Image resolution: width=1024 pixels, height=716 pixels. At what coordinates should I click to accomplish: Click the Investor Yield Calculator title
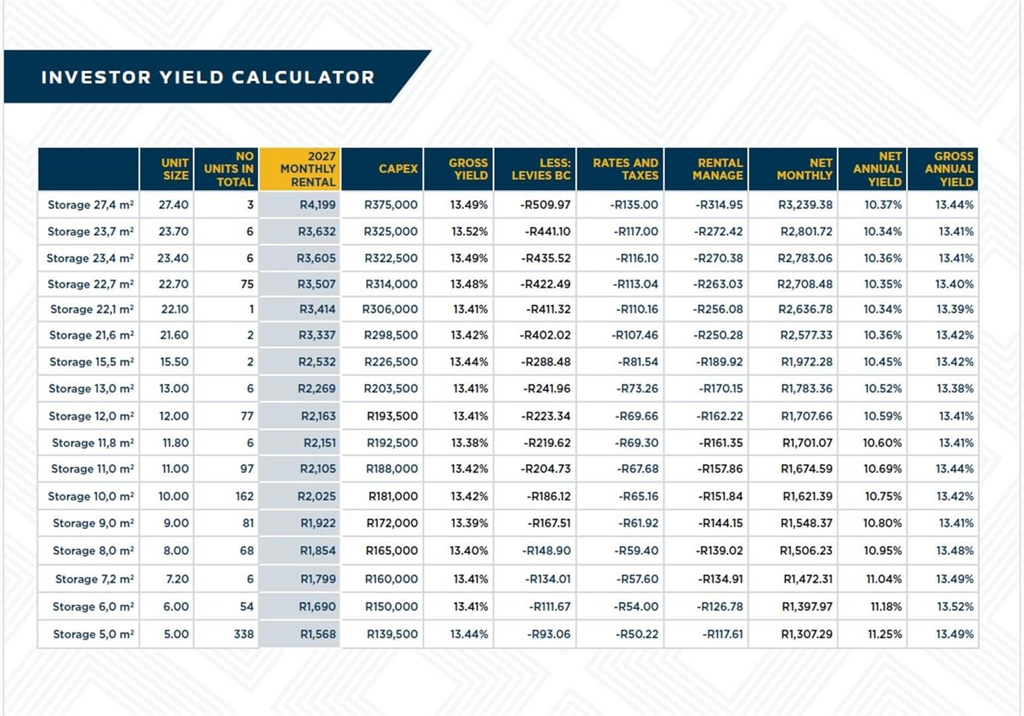208,77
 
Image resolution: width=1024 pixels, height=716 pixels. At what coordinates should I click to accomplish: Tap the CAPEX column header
398,169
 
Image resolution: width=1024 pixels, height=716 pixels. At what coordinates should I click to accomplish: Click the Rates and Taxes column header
625,169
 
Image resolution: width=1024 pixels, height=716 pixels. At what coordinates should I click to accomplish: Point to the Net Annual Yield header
877,169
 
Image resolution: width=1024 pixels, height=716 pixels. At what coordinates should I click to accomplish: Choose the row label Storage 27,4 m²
90,205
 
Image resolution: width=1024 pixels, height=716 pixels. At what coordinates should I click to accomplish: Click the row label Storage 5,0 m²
93,634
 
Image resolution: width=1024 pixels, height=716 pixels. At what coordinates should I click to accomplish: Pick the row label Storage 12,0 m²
91,416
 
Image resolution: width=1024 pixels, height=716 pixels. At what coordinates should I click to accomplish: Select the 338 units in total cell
243,634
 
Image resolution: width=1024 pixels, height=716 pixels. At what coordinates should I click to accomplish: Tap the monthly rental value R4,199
317,205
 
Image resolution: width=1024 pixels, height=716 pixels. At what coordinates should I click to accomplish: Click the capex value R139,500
392,634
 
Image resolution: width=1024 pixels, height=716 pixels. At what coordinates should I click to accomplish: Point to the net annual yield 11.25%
885,634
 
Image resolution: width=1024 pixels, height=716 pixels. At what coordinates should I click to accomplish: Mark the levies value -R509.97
545,205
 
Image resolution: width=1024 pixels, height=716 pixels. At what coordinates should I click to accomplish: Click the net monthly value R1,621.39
807,497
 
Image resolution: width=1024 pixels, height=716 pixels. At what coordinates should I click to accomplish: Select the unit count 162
244,497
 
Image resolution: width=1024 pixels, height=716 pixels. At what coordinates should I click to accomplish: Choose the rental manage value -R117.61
722,634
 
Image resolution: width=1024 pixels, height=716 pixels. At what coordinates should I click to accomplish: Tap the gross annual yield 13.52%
954,607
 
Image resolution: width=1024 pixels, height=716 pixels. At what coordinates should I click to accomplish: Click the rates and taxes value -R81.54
638,362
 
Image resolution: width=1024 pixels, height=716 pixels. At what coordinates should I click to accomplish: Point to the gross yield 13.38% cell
469,443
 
